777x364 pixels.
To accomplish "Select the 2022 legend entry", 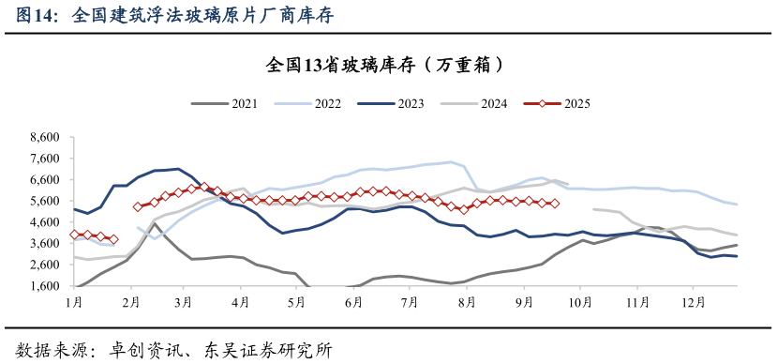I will click(x=308, y=104).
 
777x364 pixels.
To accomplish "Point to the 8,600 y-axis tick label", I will click(x=43, y=137).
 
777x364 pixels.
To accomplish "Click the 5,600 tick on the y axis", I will click(x=43, y=201).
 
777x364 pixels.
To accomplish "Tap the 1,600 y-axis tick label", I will click(x=43, y=286).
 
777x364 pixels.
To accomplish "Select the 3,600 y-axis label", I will click(x=43, y=244).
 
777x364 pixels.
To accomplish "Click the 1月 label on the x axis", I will click(x=74, y=302).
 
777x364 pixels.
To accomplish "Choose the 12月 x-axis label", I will click(x=694, y=302).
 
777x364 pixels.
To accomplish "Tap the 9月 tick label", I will click(x=523, y=302).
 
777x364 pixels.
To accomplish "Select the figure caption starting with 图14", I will click(x=174, y=16).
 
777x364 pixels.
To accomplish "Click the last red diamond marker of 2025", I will click(x=555, y=204).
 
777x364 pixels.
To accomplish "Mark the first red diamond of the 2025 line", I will click(x=74, y=235).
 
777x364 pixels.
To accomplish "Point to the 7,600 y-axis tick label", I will click(x=43, y=159).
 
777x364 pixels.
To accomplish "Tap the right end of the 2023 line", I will click(x=737, y=256).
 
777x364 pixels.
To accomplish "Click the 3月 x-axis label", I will click(x=184, y=302).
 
